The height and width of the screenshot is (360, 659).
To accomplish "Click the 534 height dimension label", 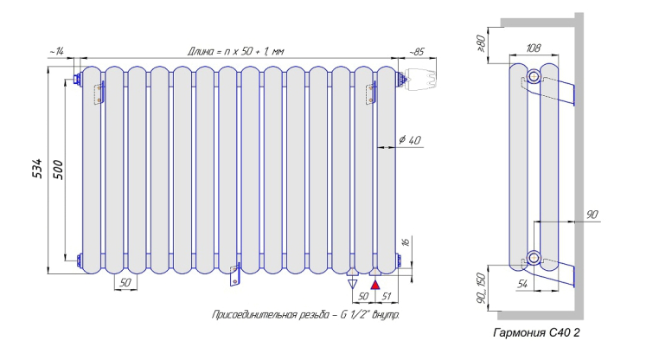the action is pos(37,168).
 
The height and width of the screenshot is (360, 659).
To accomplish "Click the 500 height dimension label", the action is pos(59,170).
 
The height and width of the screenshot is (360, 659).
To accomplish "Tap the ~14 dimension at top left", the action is pos(57,52).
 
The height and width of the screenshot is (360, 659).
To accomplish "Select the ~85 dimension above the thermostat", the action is pos(417,52).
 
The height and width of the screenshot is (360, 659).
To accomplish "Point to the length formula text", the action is pos(236,51).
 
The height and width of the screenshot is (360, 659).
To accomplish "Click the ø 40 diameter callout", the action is pos(410,139).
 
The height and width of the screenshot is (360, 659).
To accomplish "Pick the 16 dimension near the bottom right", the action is pos(406,242).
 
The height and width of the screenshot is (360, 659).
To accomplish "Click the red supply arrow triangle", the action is pos(375,285).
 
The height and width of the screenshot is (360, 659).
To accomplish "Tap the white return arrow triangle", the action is pos(353,284).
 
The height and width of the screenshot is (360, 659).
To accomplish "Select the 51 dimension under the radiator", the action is pos(387,296).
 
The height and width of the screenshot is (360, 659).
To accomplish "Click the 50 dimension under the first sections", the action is pos(125,283).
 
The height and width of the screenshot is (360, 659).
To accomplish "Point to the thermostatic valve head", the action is pos(419,78).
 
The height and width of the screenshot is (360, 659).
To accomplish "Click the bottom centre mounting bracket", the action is pos(235,274).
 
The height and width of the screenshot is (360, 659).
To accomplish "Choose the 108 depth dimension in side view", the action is pos(534,48).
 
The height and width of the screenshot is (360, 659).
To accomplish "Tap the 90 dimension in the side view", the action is pos(592,215).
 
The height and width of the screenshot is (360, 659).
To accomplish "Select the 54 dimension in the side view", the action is pos(522,285).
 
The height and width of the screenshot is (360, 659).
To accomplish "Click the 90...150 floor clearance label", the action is pos(481,288).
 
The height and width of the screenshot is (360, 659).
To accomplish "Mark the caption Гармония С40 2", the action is pos(536,332).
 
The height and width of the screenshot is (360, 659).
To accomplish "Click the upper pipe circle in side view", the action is pos(534,76).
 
